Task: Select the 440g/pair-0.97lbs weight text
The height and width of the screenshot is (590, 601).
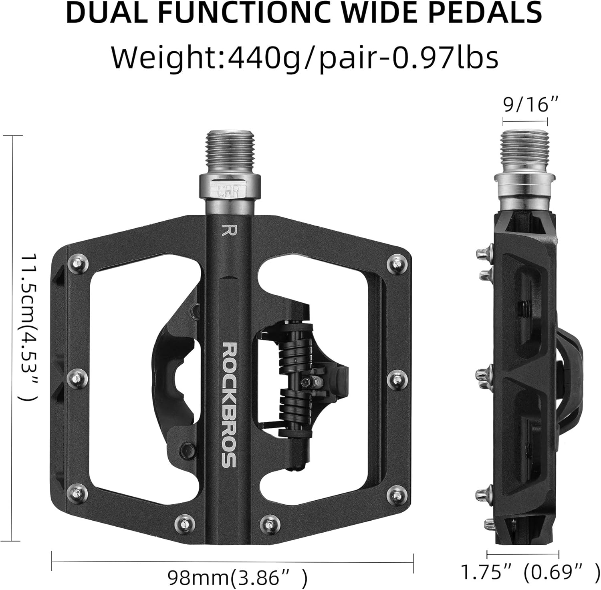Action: [363, 57]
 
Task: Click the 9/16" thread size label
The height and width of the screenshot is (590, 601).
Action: [525, 105]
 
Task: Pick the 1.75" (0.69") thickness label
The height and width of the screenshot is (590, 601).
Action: [522, 572]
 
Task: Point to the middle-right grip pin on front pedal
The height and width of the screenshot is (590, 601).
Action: [397, 377]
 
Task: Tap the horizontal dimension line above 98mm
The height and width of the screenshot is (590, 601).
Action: [232, 562]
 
